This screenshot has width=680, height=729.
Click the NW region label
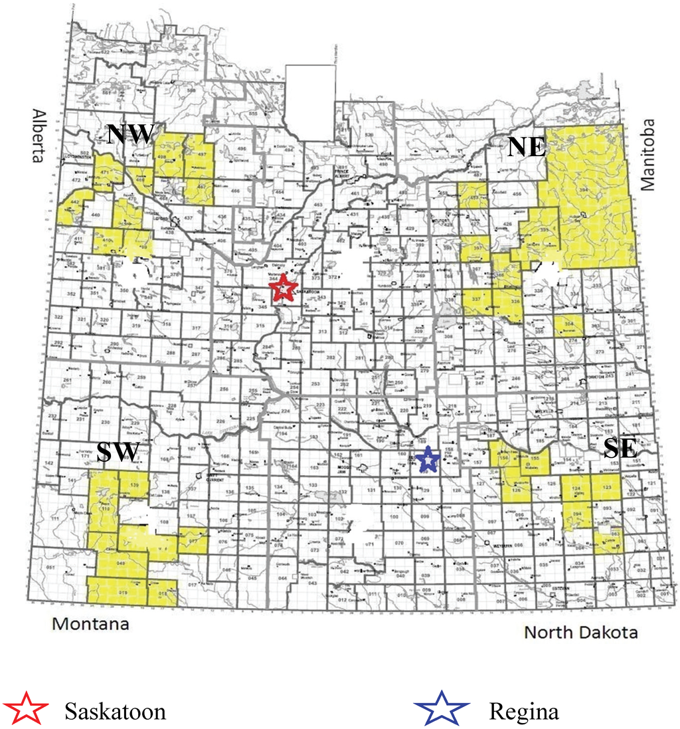[x=131, y=134]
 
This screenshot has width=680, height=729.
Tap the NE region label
[x=527, y=146]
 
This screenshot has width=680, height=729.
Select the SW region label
[x=117, y=453]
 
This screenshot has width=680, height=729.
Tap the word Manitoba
[x=647, y=154]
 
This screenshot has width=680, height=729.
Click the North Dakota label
[x=581, y=631]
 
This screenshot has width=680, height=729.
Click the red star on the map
[x=282, y=289]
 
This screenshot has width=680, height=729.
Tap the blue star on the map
[x=428, y=458]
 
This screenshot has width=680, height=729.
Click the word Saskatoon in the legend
[x=115, y=712]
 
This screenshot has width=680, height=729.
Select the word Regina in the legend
[x=523, y=712]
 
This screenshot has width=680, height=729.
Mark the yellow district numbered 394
[x=584, y=193]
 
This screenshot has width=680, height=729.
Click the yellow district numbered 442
[x=75, y=203]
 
